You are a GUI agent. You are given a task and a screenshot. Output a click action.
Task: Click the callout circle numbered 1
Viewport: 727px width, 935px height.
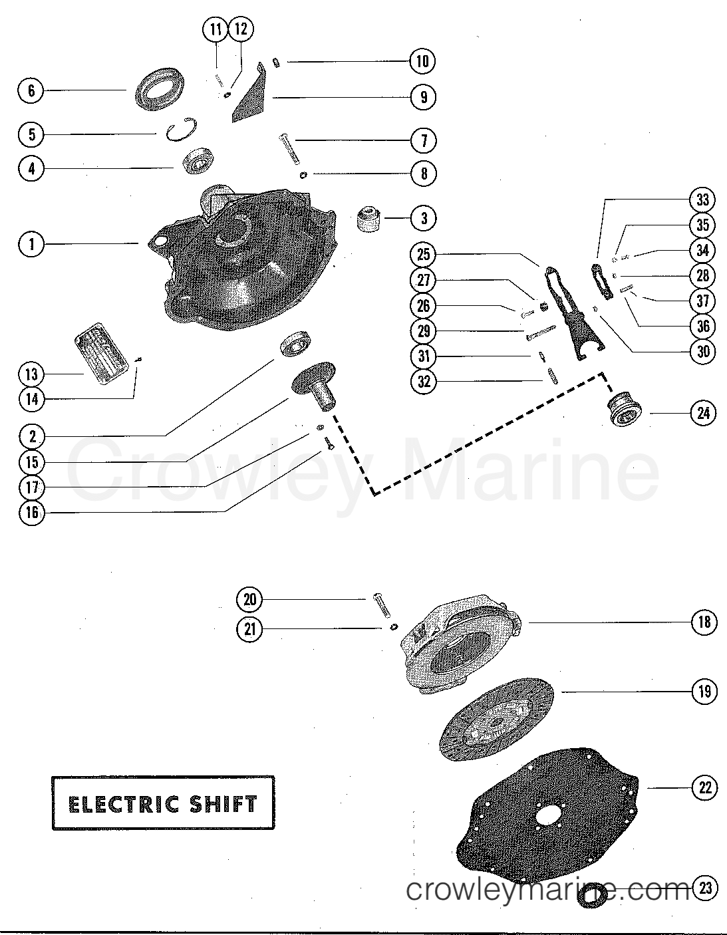(x=31, y=244)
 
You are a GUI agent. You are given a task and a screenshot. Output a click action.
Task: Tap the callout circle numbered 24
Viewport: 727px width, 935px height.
(x=704, y=413)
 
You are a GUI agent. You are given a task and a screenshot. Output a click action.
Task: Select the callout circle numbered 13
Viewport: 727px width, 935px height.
(x=31, y=374)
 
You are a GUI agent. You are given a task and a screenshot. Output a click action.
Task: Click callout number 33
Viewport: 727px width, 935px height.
(x=704, y=200)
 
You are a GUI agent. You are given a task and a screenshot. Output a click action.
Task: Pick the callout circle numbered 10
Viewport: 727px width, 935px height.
(x=423, y=61)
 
